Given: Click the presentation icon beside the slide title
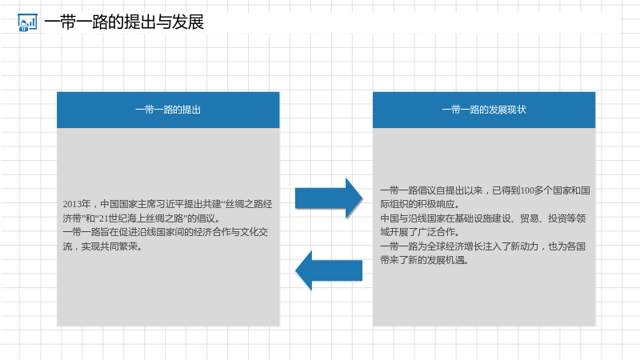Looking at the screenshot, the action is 27,22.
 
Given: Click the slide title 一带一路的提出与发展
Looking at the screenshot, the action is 124,22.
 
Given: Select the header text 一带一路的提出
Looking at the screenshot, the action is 168,110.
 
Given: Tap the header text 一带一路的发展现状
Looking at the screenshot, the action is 484,110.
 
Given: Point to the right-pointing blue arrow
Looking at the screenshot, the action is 329,198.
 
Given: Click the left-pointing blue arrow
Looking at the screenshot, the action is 329,270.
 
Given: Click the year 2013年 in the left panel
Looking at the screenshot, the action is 77,204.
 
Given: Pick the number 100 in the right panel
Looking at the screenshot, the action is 527,190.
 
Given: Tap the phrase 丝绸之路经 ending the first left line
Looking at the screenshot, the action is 249,204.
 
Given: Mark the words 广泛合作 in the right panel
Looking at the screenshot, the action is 436,232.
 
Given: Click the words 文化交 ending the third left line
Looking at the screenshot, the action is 254,232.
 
